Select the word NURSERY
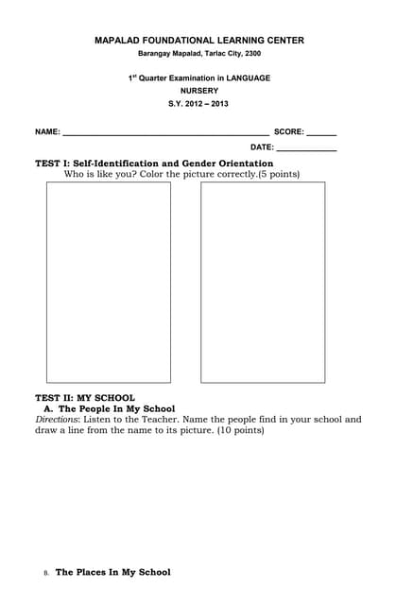coord(198,91)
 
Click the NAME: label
coord(48,131)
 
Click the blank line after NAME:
coord(165,133)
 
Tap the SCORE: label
coord(288,131)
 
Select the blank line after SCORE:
coord(321,133)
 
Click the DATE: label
coord(262,147)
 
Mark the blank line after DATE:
coord(306,149)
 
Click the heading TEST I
coord(52,164)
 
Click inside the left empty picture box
coord(109,282)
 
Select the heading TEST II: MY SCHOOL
coord(85,398)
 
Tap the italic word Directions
coord(57,419)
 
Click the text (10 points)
coord(240,430)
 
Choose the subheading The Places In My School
coord(113,572)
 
